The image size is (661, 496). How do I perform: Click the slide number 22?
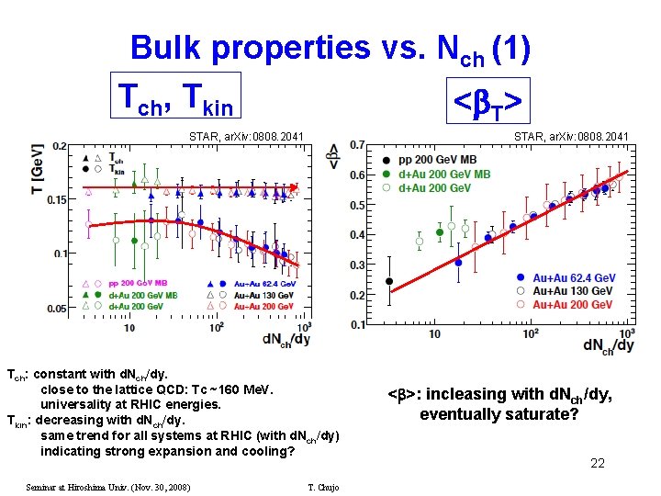pyautogui.click(x=598, y=463)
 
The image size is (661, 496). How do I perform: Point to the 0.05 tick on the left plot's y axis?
pyautogui.click(x=57, y=309)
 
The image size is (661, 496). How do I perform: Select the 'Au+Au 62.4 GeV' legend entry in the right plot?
pyautogui.click(x=574, y=277)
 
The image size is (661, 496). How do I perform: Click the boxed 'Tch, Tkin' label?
pyautogui.click(x=174, y=96)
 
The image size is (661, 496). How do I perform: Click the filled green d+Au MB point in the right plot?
pyautogui.click(x=440, y=232)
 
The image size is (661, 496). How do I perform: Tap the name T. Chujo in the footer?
pyautogui.click(x=323, y=487)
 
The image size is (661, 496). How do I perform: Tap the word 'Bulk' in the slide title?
pyautogui.click(x=173, y=48)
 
